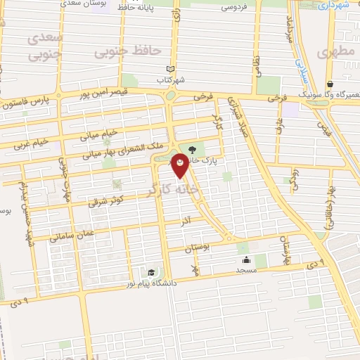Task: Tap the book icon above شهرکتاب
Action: [170, 67]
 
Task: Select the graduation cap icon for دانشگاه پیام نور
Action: [151, 272]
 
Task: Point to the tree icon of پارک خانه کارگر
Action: [192, 148]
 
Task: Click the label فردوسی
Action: [233, 8]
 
